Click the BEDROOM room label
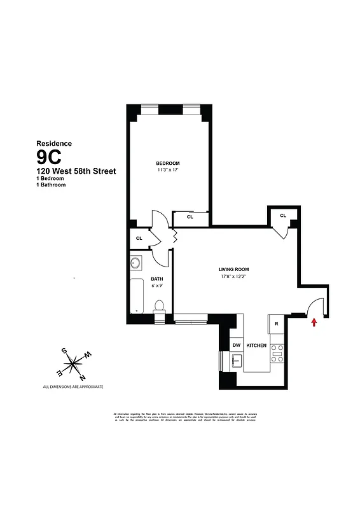[x=168, y=164]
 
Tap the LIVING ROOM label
[x=233, y=269]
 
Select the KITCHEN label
[x=256, y=345]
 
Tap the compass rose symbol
[x=75, y=363]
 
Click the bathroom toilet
[x=161, y=306]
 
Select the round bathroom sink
[x=135, y=263]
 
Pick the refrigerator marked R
[x=277, y=324]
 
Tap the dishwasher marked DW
[x=236, y=345]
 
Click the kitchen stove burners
[x=277, y=353]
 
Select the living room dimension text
[x=233, y=276]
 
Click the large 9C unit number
[x=52, y=157]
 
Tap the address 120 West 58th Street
[x=76, y=171]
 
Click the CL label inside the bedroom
[x=190, y=217]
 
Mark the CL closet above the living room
[x=283, y=216]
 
